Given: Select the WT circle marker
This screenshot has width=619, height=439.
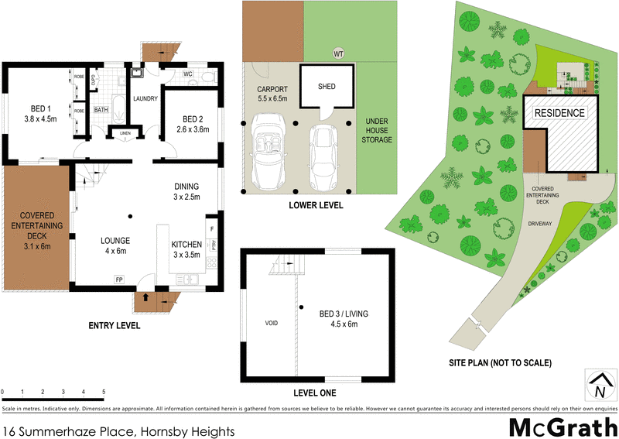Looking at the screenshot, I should tap(337, 53).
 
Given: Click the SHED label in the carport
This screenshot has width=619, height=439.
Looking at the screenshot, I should tap(327, 86).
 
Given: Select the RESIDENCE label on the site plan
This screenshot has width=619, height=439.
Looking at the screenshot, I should tap(560, 112).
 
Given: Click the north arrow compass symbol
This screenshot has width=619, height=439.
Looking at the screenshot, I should tap(598, 384).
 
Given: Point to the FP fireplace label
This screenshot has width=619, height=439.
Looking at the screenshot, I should tap(119, 279).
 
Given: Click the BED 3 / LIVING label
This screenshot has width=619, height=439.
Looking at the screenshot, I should tap(344, 318).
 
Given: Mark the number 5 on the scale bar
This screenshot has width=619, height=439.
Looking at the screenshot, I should tap(103, 393).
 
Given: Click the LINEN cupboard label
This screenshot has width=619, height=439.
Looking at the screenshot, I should tap(125, 133).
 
